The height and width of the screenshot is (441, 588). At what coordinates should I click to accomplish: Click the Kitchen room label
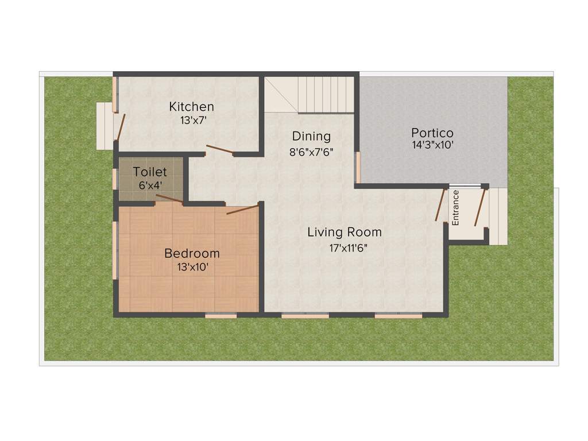click(x=191, y=107)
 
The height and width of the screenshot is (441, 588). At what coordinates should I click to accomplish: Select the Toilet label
click(x=150, y=172)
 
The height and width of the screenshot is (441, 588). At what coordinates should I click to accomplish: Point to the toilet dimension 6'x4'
click(x=150, y=185)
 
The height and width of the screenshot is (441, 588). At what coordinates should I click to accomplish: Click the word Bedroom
click(x=192, y=253)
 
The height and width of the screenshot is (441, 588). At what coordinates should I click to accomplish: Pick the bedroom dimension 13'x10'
click(x=192, y=267)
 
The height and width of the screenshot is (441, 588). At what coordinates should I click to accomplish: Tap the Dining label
click(x=311, y=137)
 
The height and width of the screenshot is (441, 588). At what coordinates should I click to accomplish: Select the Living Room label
click(x=345, y=233)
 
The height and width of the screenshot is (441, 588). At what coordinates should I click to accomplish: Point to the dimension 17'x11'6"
click(x=345, y=248)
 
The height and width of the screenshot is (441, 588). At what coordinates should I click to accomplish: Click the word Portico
click(x=432, y=132)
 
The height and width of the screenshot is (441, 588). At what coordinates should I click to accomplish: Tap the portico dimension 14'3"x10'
click(x=432, y=146)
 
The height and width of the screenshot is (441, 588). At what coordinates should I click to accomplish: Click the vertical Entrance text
click(x=456, y=207)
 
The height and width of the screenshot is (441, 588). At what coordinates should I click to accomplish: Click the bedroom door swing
click(x=242, y=210)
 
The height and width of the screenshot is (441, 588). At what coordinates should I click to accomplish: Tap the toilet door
click(x=169, y=199)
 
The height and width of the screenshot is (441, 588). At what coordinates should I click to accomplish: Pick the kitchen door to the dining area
click(x=220, y=150)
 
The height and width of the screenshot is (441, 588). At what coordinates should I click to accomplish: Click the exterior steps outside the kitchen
click(x=105, y=126)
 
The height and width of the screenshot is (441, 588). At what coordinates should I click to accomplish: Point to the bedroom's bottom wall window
click(x=221, y=315)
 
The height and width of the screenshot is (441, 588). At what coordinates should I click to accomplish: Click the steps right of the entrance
click(x=498, y=215)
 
